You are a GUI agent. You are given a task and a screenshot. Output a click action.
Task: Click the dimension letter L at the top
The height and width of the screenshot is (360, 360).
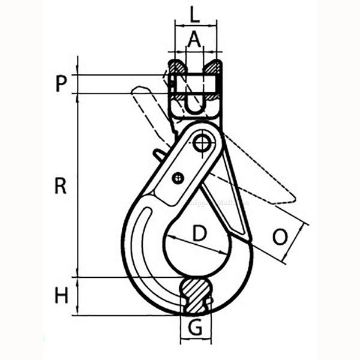(195, 15)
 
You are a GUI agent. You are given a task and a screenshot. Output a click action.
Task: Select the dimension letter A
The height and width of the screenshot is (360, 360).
(195, 40)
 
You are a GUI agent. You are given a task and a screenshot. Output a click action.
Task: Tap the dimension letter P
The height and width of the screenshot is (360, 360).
(61, 84)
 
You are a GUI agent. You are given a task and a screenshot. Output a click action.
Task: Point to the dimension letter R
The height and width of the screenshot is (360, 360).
(61, 186)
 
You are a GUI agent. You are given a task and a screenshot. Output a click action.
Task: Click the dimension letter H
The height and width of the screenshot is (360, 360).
(62, 296)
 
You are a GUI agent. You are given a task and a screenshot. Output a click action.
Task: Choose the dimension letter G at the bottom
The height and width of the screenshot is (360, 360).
(195, 328)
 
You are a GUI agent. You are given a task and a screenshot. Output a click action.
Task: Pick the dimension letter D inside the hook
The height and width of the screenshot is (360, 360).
(199, 233)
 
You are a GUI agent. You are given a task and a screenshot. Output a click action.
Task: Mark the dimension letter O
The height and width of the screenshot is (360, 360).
(280, 237)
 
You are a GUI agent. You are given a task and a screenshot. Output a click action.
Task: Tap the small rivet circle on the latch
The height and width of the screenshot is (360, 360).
(178, 178)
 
